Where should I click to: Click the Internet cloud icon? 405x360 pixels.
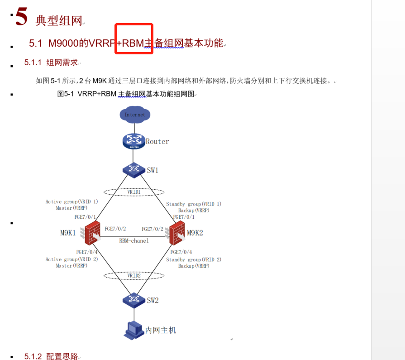pos(135,115)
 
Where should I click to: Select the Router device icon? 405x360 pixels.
pos(134,141)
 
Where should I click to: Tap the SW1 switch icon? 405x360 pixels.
pos(133,170)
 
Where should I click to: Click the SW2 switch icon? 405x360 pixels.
pos(133,299)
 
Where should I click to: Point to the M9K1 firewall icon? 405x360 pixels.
pos(92,233)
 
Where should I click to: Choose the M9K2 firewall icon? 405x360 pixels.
pos(176,233)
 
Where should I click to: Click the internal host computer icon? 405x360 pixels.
pos(134,330)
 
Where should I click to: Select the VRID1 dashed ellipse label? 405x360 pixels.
pos(134,192)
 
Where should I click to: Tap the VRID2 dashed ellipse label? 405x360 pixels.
pos(134,275)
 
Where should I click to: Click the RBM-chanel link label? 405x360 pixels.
pos(134,241)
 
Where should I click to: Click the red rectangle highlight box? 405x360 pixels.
pos(133,38)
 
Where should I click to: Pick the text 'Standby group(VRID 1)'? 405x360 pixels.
pos(194,204)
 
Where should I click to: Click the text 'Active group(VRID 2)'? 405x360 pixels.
pos(71,259)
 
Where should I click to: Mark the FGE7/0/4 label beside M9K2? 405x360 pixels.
pos(181,252)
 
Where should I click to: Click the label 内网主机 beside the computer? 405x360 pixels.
pos(161,330)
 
